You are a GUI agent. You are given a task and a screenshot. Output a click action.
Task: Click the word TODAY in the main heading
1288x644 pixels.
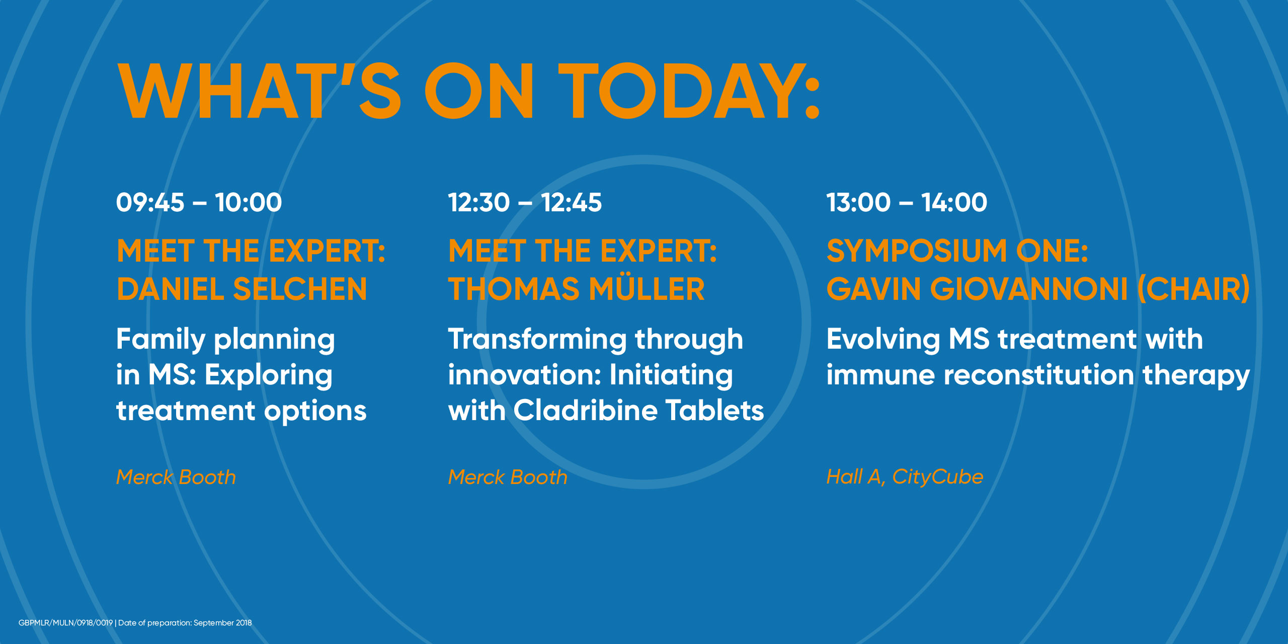click(690, 91)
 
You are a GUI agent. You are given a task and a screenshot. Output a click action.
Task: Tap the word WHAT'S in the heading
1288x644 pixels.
click(260, 91)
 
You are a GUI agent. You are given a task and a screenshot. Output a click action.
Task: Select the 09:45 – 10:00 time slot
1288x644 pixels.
click(199, 202)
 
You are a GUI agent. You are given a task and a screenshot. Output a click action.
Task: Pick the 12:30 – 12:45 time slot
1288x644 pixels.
click(525, 202)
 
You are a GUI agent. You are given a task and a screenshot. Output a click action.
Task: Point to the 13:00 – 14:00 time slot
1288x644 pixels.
click(907, 202)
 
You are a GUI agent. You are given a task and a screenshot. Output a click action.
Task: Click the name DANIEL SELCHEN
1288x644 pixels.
click(242, 289)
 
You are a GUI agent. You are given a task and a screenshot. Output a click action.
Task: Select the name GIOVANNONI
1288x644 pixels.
click(1029, 289)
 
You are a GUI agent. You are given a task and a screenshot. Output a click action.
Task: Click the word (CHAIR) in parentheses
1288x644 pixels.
click(1194, 289)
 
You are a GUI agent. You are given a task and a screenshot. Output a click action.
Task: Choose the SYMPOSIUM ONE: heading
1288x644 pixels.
click(957, 251)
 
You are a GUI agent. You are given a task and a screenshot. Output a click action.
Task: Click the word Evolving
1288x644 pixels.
click(883, 340)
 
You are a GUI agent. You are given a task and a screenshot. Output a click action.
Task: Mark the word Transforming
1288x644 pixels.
click(537, 340)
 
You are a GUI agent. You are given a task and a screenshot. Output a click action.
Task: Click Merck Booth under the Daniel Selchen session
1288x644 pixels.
click(176, 477)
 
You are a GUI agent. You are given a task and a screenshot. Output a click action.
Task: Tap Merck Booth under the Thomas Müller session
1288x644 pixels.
click(508, 477)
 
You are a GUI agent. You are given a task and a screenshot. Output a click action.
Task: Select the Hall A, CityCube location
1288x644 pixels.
click(905, 477)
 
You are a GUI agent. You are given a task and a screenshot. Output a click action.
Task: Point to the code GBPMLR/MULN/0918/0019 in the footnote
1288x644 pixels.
click(65, 623)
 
